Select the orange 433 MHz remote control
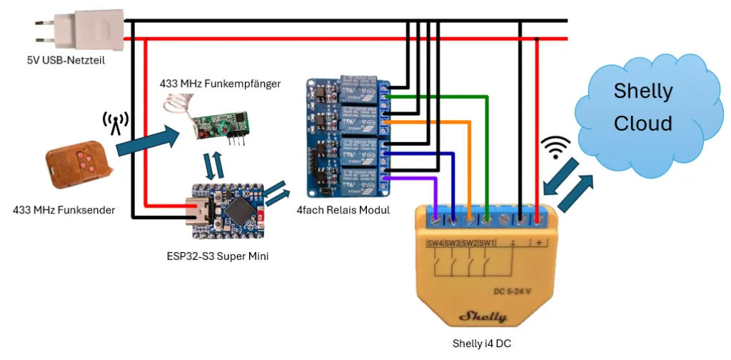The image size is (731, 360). coord(78,165)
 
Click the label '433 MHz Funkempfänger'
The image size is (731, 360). coord(220,84)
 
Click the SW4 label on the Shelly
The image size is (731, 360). coord(435,243)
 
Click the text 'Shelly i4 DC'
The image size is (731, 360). coord(482,344)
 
